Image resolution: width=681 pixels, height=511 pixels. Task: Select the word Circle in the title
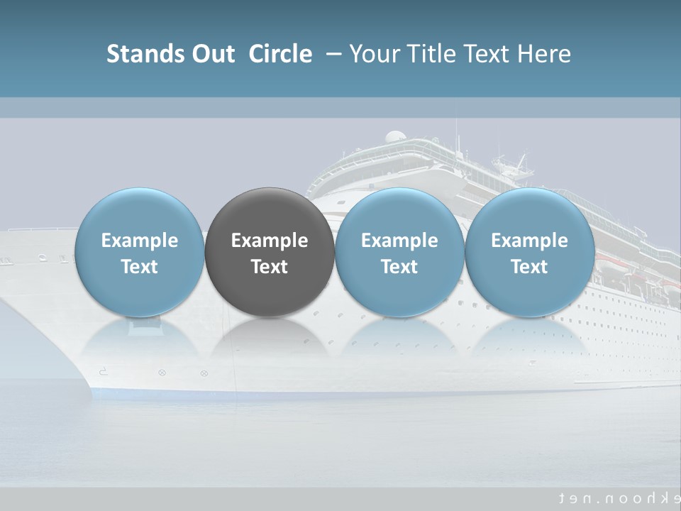pyautogui.click(x=280, y=54)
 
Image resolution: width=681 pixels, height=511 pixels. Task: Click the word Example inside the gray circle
pyautogui.click(x=270, y=241)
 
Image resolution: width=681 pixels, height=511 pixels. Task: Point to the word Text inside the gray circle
pyautogui.click(x=270, y=267)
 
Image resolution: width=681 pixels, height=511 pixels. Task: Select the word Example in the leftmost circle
pyautogui.click(x=139, y=241)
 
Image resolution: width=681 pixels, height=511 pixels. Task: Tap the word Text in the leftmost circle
pyautogui.click(x=139, y=267)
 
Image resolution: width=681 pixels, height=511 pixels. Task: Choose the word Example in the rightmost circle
pyautogui.click(x=529, y=241)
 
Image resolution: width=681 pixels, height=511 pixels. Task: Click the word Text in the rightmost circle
pyautogui.click(x=529, y=267)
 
